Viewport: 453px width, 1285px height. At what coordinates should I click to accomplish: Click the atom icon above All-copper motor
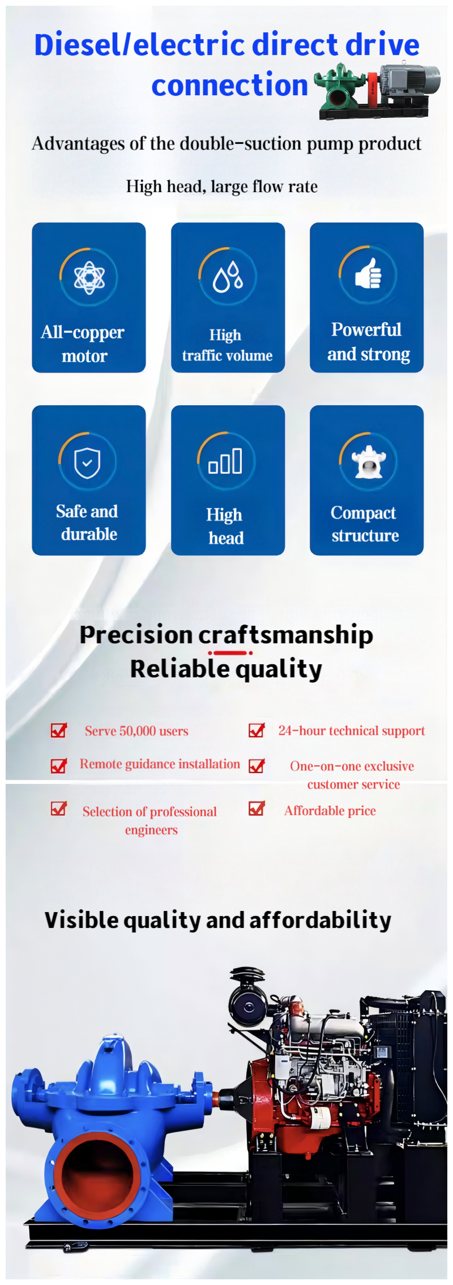[x=89, y=277]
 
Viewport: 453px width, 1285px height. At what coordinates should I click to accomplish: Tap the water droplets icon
[x=228, y=276]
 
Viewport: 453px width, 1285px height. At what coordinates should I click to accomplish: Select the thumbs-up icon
[x=368, y=274]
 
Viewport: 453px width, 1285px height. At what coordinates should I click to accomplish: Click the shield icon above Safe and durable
[x=87, y=462]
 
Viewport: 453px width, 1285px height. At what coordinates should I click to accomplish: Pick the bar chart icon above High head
[x=225, y=461]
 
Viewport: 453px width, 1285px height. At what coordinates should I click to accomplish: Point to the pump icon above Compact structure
[x=368, y=461]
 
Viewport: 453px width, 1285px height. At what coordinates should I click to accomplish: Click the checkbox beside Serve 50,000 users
[x=59, y=730]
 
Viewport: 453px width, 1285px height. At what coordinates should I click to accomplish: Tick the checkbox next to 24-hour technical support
[x=257, y=730]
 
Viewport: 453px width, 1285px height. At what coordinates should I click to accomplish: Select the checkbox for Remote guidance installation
[x=59, y=766]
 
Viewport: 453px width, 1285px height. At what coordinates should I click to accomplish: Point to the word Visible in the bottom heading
[x=82, y=919]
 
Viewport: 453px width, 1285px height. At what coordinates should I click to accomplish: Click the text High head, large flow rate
[x=222, y=186]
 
